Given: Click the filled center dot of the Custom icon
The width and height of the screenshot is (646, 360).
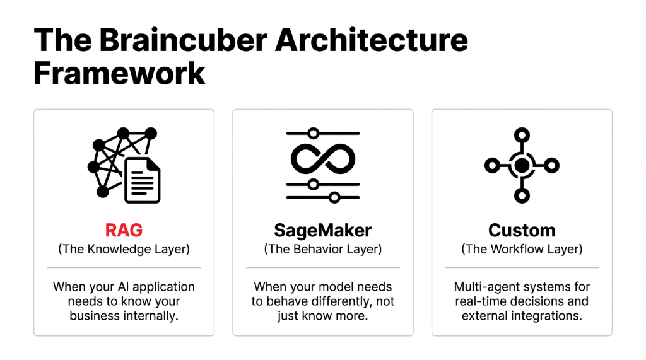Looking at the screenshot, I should (x=522, y=165).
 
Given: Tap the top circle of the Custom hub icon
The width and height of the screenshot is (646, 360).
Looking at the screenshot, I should (x=522, y=134).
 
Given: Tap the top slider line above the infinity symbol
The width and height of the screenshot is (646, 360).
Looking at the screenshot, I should (x=322, y=134).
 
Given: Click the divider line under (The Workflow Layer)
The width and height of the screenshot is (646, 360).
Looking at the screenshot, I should (x=522, y=268).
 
